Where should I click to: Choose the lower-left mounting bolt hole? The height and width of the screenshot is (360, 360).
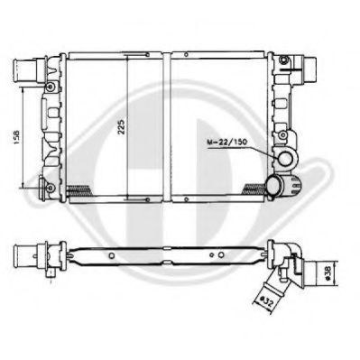(x=50, y=188)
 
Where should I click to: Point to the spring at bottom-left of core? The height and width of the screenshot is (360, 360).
(x=78, y=189)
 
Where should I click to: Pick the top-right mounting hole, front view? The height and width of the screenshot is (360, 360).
(x=284, y=60)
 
